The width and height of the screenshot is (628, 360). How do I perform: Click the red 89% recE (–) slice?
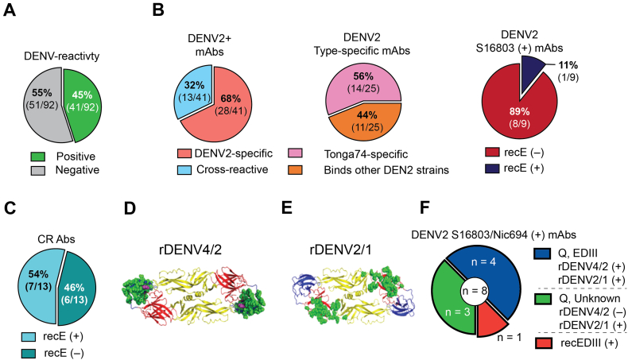pyautogui.click(x=518, y=114)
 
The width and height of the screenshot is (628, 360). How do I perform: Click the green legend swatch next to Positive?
pyautogui.click(x=38, y=157)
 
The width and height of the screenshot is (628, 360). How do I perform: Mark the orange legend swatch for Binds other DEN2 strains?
pyautogui.click(x=295, y=170)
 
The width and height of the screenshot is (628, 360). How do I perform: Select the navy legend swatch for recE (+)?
pyautogui.click(x=492, y=168)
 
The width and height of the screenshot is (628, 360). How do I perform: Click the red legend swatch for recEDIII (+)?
pyautogui.click(x=543, y=343)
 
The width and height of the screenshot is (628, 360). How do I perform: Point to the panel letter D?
pyautogui.click(x=130, y=209)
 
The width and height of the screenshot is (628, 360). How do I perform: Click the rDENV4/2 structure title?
pyautogui.click(x=190, y=250)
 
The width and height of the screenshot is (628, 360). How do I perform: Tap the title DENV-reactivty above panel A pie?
pyautogui.click(x=62, y=56)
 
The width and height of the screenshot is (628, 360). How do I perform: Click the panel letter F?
pyautogui.click(x=424, y=209)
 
